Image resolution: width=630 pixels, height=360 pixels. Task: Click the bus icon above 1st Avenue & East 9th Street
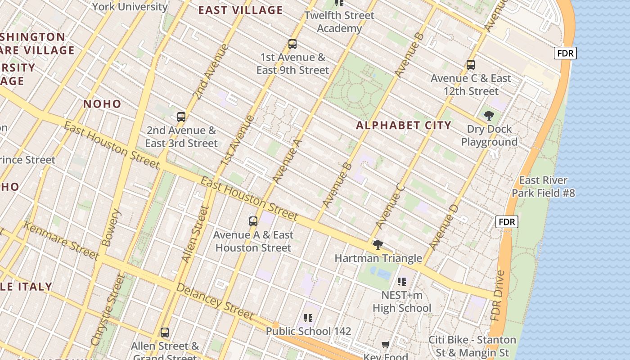coord(292,44)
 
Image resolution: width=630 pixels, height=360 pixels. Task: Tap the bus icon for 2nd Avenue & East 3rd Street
coord(181,117)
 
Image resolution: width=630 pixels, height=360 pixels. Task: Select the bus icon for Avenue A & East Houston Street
coord(253,221)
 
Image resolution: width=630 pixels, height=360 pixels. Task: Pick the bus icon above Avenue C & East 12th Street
coord(471,65)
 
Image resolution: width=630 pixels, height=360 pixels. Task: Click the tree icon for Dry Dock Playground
coord(489,116)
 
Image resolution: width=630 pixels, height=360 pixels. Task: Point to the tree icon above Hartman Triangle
coord(378,245)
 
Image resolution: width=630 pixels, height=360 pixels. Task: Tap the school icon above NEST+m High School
coord(402,282)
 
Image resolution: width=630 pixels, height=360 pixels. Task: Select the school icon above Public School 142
coord(308,318)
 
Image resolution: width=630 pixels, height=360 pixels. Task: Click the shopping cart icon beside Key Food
coord(385,345)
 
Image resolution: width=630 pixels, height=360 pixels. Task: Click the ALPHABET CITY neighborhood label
coord(404,126)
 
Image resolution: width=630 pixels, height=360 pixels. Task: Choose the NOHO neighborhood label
coord(102,104)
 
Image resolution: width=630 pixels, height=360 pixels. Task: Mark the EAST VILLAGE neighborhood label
coord(241,10)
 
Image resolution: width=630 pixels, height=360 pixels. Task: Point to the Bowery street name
coord(112,227)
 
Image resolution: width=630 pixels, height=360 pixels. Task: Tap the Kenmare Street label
coord(61,241)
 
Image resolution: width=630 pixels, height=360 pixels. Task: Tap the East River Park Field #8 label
coord(543,187)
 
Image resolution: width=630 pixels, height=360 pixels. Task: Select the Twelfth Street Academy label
coord(339,22)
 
